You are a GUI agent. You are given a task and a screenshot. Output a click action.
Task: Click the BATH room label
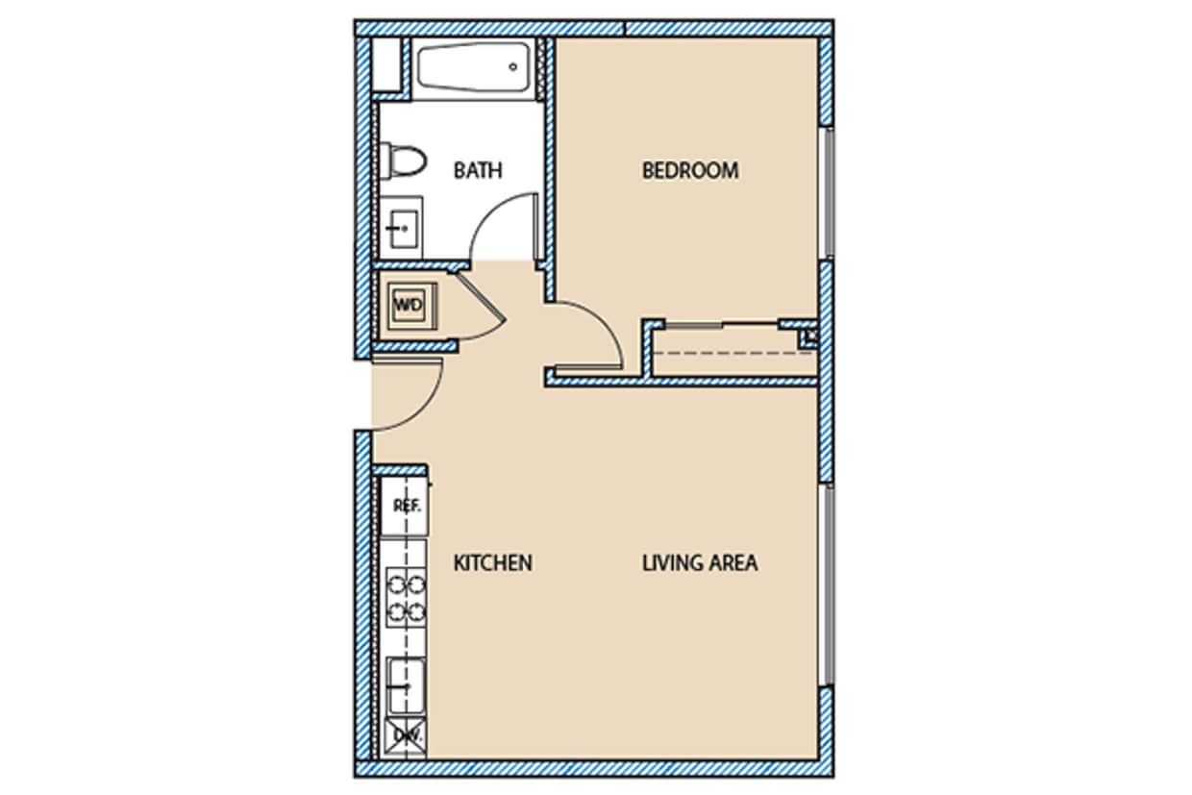click(478, 171)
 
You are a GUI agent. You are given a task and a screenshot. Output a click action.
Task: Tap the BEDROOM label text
click(690, 171)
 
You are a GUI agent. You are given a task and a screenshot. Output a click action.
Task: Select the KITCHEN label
click(492, 562)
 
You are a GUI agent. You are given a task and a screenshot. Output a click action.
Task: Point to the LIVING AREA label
click(699, 562)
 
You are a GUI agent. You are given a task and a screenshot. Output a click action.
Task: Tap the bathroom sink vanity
click(400, 228)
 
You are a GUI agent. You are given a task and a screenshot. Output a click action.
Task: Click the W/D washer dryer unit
click(410, 306)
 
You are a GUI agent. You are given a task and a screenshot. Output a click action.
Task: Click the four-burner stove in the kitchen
click(406, 596)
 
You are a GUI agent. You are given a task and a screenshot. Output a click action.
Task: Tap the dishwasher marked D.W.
click(404, 735)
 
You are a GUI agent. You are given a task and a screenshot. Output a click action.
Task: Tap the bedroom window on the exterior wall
click(827, 192)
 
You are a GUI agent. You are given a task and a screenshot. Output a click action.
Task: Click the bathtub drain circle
click(513, 67)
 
